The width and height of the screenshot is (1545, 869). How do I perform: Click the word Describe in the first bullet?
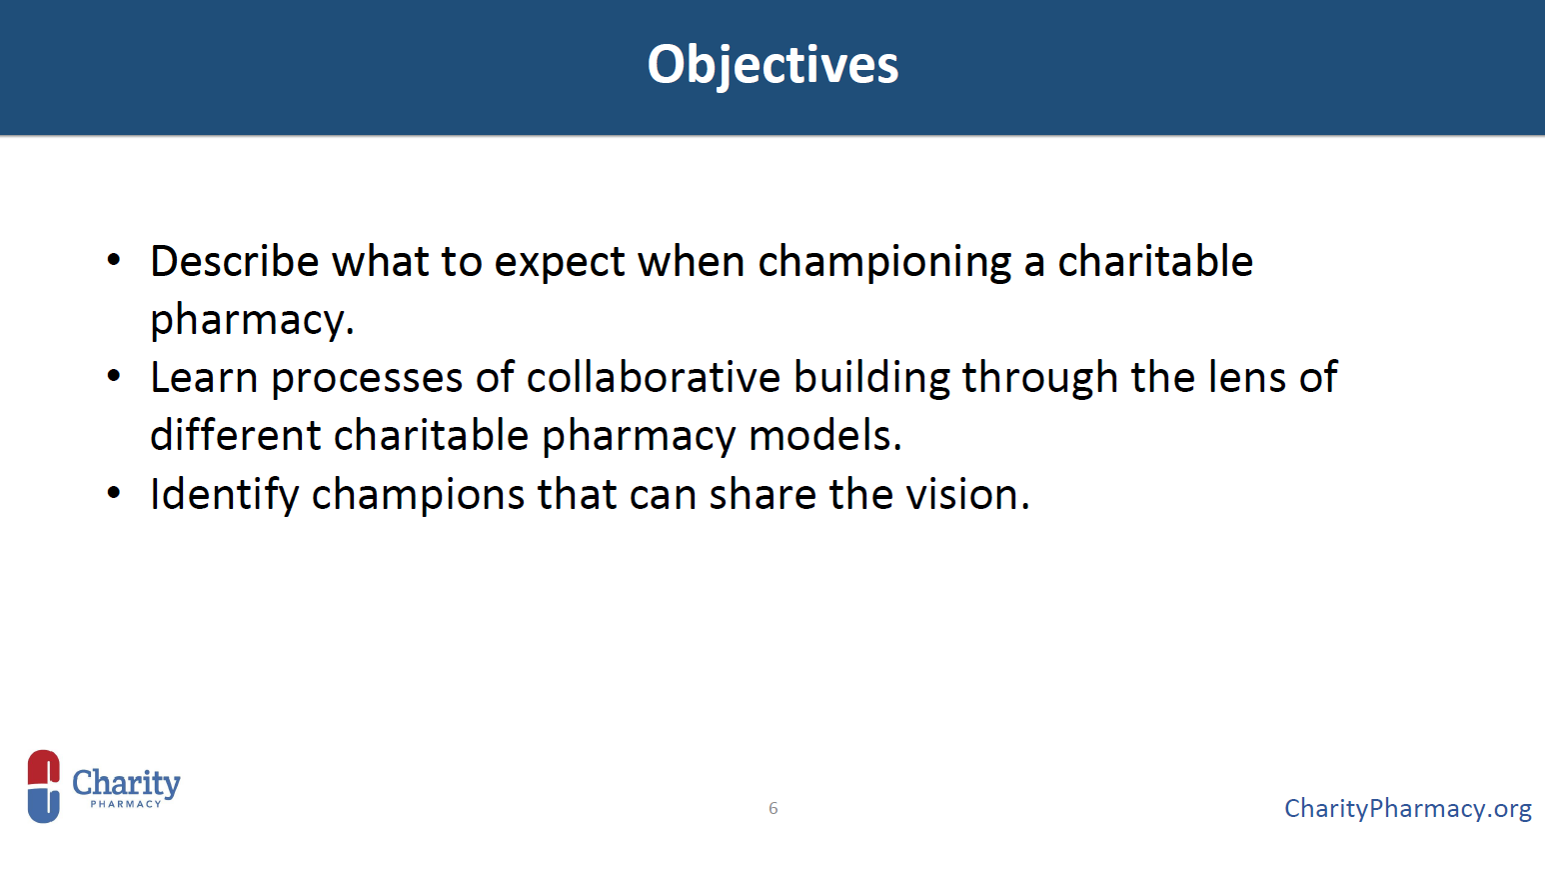pyautogui.click(x=235, y=261)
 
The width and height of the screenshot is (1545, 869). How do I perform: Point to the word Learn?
pyautogui.click(x=204, y=378)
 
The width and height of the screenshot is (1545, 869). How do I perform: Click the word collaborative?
pyautogui.click(x=654, y=377)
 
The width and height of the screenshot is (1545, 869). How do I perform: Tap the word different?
pyautogui.click(x=235, y=435)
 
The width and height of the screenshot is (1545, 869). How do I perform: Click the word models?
pyautogui.click(x=824, y=435)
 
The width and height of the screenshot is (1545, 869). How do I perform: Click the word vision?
pyautogui.click(x=967, y=494)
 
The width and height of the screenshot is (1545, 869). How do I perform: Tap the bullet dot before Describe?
pyautogui.click(x=114, y=260)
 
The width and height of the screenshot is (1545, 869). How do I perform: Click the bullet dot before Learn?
pyautogui.click(x=114, y=377)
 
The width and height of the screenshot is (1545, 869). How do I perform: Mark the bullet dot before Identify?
pyautogui.click(x=114, y=493)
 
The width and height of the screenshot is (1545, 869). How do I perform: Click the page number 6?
pyautogui.click(x=773, y=808)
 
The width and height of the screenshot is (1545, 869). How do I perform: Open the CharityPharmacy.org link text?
pyautogui.click(x=1408, y=809)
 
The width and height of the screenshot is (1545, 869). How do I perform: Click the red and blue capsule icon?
pyautogui.click(x=43, y=786)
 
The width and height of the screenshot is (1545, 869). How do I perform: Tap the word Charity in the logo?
pyautogui.click(x=126, y=783)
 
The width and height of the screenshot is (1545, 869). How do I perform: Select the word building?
pyautogui.click(x=871, y=378)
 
